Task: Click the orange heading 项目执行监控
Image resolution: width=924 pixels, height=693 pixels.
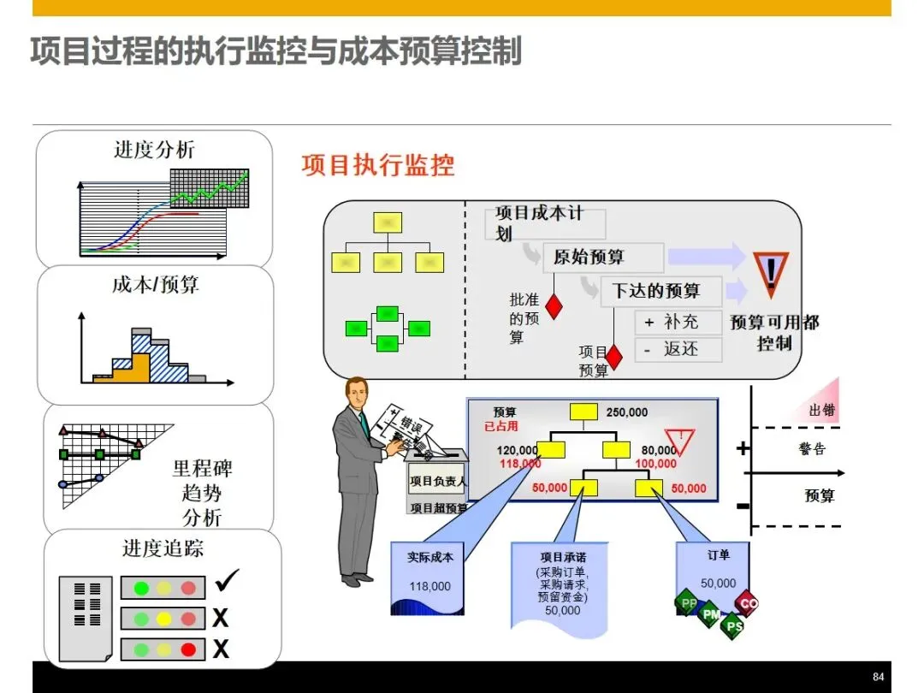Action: tap(378, 165)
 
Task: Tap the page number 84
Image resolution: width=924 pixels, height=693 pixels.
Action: tap(878, 675)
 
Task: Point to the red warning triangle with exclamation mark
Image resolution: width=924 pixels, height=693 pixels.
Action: tap(771, 272)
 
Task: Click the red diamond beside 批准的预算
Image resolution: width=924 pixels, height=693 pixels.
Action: tap(554, 305)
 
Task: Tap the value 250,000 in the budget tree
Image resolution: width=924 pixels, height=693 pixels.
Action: tap(627, 412)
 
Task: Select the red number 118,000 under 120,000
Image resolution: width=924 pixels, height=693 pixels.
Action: tap(519, 464)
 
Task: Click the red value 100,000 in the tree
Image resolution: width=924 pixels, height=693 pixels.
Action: tap(655, 464)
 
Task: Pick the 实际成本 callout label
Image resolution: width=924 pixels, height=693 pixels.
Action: tap(430, 557)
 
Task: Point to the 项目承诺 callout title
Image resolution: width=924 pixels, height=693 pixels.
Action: tap(562, 557)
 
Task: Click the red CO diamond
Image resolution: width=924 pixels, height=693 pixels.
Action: tap(748, 603)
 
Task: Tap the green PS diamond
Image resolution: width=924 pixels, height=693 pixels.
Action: tap(732, 626)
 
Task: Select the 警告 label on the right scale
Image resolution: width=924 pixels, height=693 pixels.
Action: tap(812, 448)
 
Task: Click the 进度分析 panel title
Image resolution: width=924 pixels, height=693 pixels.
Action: tap(154, 150)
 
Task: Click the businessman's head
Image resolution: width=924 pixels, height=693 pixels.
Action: tap(357, 393)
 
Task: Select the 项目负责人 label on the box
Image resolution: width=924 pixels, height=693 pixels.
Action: tap(437, 482)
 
